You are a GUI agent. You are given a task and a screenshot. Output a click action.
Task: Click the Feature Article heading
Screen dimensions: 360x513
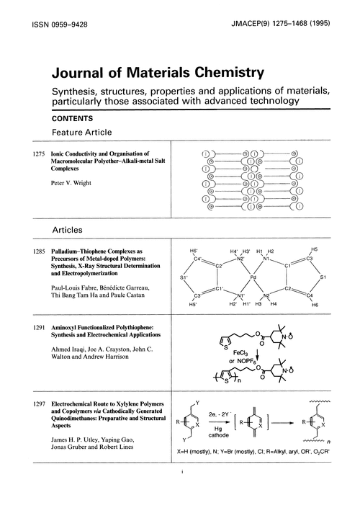pos(84,133)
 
